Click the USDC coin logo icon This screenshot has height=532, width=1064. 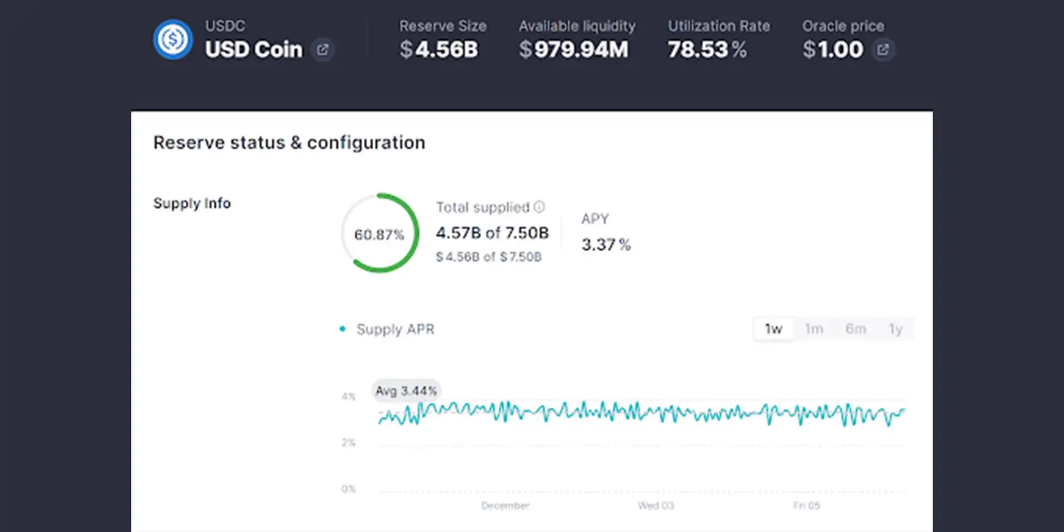173,40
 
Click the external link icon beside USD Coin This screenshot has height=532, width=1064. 323,50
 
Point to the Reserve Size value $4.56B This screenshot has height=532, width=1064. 438,50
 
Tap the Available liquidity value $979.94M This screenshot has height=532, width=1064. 573,50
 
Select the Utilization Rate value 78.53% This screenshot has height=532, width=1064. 707,50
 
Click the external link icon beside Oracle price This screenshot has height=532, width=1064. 883,50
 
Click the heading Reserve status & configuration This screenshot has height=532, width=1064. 289,143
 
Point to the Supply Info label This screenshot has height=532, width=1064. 192,204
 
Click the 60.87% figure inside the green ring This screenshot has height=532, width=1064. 379,235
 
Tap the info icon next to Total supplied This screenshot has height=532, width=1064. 539,207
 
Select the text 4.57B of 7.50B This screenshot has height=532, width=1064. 492,233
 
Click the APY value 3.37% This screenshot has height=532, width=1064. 606,245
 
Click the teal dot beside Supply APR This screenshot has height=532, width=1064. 343,329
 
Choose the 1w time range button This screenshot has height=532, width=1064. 773,329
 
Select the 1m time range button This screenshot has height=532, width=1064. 814,329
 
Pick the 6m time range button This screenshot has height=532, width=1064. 855,329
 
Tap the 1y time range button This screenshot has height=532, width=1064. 895,329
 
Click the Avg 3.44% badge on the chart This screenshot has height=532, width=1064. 406,391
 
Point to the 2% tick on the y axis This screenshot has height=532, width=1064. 348,443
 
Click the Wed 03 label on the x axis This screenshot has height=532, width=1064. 655,506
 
